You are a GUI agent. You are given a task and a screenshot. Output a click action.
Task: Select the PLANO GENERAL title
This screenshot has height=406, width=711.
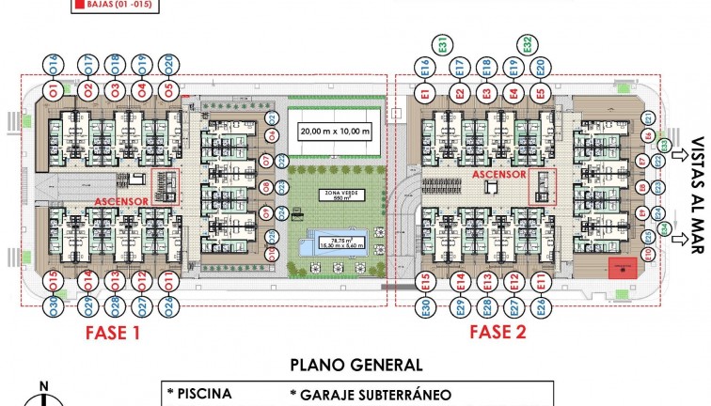coord(356,365)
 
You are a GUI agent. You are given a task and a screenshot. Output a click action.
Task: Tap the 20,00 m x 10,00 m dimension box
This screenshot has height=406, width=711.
coord(335,131)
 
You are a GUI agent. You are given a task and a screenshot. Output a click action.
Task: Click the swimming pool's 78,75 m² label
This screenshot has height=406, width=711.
coord(336,241)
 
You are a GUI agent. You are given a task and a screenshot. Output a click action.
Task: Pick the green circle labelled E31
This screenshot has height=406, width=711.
coord(444,43)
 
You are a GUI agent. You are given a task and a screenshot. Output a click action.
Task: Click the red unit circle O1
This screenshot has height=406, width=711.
coord(54,91)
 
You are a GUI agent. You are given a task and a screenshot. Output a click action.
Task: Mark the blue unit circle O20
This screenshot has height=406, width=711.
coord(168,65)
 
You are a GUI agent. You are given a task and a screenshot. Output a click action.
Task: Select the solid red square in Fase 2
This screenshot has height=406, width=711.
coord(622,267)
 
